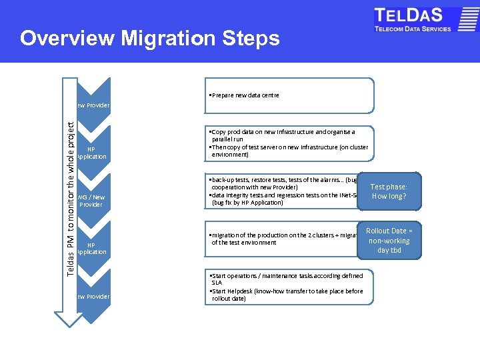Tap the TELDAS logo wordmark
pyautogui.click(x=413, y=16)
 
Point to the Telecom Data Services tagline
pyautogui.click(x=413, y=29)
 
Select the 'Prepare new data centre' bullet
pyautogui.click(x=244, y=95)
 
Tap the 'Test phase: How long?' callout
pyautogui.click(x=389, y=192)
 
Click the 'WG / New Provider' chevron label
pyautogui.click(x=91, y=201)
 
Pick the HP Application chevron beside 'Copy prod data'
pyautogui.click(x=91, y=153)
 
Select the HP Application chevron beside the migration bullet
pyautogui.click(x=91, y=249)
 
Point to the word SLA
pyautogui.click(x=217, y=283)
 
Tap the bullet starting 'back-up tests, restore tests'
pyautogui.click(x=280, y=180)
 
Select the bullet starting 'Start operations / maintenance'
pyautogui.click(x=287, y=276)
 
